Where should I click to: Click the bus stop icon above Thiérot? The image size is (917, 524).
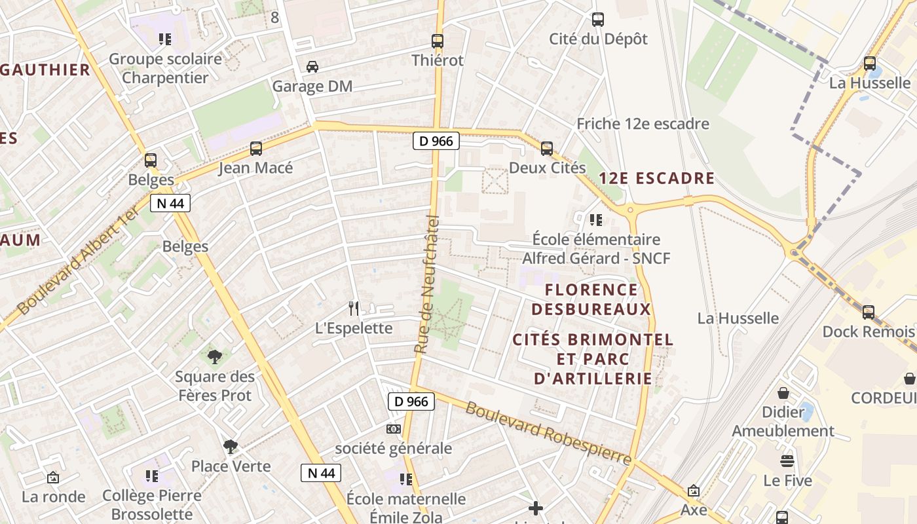[x=438, y=41]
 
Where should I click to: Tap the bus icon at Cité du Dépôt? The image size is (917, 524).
[x=597, y=20]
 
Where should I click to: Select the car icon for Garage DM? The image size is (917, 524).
[x=312, y=67]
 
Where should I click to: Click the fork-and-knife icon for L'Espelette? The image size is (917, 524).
[x=354, y=308]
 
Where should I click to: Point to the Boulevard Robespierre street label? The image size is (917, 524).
[x=548, y=434]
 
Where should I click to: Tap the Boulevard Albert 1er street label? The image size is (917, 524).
[x=79, y=259]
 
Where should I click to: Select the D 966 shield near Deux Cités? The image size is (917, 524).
[x=436, y=141]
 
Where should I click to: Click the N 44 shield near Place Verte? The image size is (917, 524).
[x=321, y=473]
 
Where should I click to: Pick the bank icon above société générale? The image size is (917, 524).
[x=393, y=428]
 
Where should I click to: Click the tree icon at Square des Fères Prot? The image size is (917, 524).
[x=214, y=357]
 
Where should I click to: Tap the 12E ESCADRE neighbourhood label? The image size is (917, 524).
[x=656, y=178]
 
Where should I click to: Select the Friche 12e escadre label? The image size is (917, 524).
[x=643, y=124]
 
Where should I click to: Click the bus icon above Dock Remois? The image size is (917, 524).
[x=869, y=312]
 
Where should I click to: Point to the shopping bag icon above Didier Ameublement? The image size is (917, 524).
[x=783, y=393]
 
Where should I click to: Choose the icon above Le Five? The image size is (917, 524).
[x=787, y=461]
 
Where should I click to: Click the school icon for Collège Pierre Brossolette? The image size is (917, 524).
[x=152, y=476]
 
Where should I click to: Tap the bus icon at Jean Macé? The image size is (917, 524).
[x=255, y=149]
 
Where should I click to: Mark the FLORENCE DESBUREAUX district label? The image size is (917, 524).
[x=591, y=299]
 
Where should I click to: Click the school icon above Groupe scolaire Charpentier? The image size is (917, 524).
[x=165, y=39]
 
